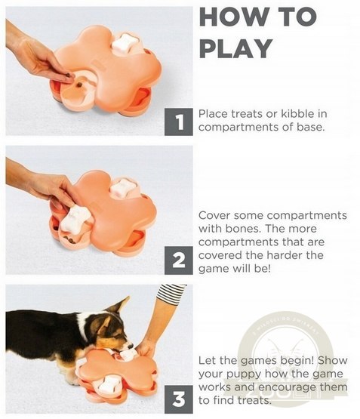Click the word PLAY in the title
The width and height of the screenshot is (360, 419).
(x=235, y=48)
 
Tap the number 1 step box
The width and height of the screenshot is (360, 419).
(x=178, y=122)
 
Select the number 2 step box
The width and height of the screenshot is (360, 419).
(x=178, y=260)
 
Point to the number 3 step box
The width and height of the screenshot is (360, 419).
(x=178, y=399)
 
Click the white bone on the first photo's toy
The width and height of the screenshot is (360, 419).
(x=125, y=43)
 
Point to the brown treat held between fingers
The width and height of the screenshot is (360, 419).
(x=69, y=75)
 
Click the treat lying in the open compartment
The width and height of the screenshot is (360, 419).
(x=79, y=85)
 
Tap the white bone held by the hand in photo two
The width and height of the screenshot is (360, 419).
(x=75, y=218)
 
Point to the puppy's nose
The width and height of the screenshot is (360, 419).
(x=131, y=346)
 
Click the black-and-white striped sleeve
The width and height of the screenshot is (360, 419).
(x=171, y=294)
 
